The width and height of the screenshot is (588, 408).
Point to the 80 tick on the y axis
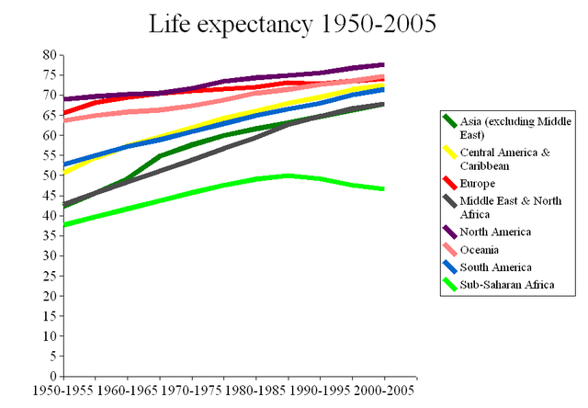49,55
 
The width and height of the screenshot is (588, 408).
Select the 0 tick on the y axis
52,376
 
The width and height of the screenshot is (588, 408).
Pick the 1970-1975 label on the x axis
193,390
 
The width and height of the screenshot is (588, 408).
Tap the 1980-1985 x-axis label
256,390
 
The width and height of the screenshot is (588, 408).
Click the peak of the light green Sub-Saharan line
288,175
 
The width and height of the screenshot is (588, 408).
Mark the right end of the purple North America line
384,64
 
